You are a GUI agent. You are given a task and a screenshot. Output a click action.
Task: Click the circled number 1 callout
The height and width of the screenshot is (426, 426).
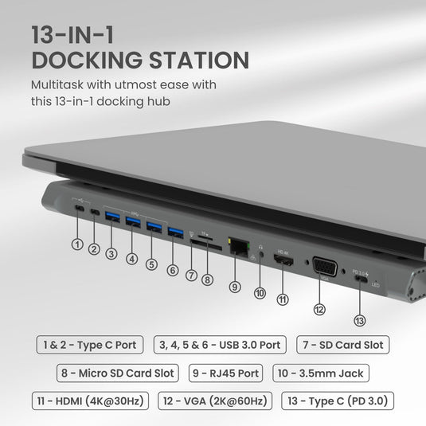coord(77,244)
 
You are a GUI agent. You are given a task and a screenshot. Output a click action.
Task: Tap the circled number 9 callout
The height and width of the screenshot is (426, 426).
coord(233,286)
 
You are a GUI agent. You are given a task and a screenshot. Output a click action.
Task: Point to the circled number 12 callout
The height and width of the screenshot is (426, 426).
coord(319,309)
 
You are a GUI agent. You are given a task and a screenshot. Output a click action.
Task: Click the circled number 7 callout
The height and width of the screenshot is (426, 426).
coord(191,275)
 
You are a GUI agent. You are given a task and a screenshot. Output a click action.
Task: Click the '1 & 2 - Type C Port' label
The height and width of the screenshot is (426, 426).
coord(89,345)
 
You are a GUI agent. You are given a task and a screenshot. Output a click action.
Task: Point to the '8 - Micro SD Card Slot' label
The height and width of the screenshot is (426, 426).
coord(116,372)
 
